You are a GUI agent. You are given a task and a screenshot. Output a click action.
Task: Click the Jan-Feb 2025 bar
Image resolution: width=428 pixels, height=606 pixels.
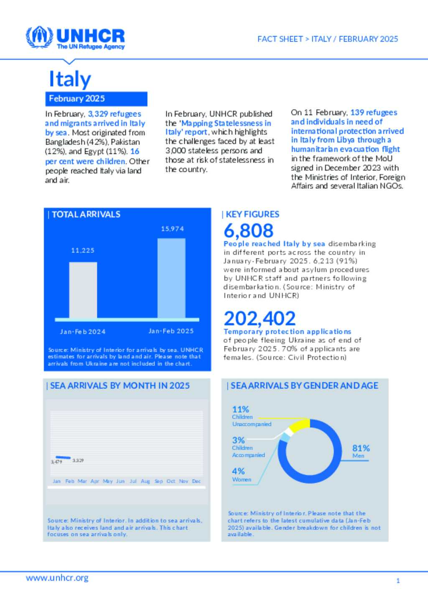[171, 278]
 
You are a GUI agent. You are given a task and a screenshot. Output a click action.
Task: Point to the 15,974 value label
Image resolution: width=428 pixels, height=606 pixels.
[172, 229]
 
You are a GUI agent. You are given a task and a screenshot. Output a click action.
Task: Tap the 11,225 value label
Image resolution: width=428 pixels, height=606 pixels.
[83, 250]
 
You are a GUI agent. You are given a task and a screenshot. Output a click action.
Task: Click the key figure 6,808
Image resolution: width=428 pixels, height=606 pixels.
[248, 230]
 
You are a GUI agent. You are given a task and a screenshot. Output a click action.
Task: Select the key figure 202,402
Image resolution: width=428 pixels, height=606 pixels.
[260, 318]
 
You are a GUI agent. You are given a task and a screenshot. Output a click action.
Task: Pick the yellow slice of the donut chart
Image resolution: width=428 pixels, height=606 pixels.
[300, 425]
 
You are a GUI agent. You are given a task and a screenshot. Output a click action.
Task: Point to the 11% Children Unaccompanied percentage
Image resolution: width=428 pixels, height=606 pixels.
[240, 409]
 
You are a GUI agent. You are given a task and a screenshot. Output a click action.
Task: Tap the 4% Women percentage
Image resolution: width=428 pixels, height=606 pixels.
[238, 471]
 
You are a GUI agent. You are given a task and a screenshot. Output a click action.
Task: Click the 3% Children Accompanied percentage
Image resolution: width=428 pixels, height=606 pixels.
[238, 440]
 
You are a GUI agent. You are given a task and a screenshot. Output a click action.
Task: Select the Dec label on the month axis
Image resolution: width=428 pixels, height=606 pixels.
[196, 481]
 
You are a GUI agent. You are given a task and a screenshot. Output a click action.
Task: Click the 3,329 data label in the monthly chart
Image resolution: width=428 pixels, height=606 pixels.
[78, 460]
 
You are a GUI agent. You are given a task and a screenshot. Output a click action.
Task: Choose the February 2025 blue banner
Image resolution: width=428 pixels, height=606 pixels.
[96, 99]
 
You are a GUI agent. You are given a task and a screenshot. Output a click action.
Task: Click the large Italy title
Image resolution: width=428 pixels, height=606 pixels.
[70, 79]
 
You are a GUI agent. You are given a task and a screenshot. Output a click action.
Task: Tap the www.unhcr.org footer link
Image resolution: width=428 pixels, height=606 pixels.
[57, 578]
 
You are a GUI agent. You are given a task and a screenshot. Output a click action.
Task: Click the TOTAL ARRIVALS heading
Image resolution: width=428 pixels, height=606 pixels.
[86, 215]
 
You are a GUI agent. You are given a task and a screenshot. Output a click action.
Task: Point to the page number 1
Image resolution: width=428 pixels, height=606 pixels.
[398, 580]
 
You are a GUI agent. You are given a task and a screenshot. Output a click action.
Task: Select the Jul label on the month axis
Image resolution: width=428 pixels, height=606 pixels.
[133, 481]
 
